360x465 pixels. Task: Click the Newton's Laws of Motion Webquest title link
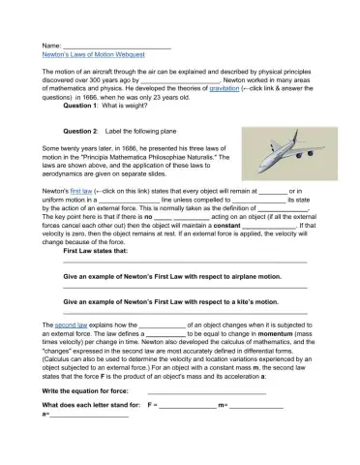(x=94, y=56)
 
